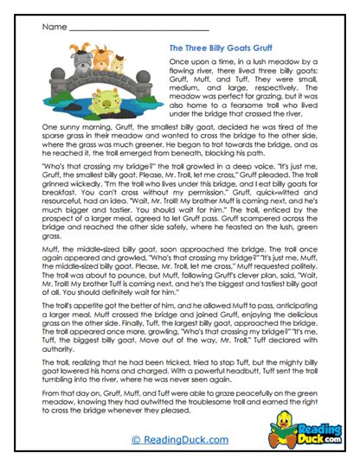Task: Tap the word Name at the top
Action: point(53,27)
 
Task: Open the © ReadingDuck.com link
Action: point(179,439)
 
